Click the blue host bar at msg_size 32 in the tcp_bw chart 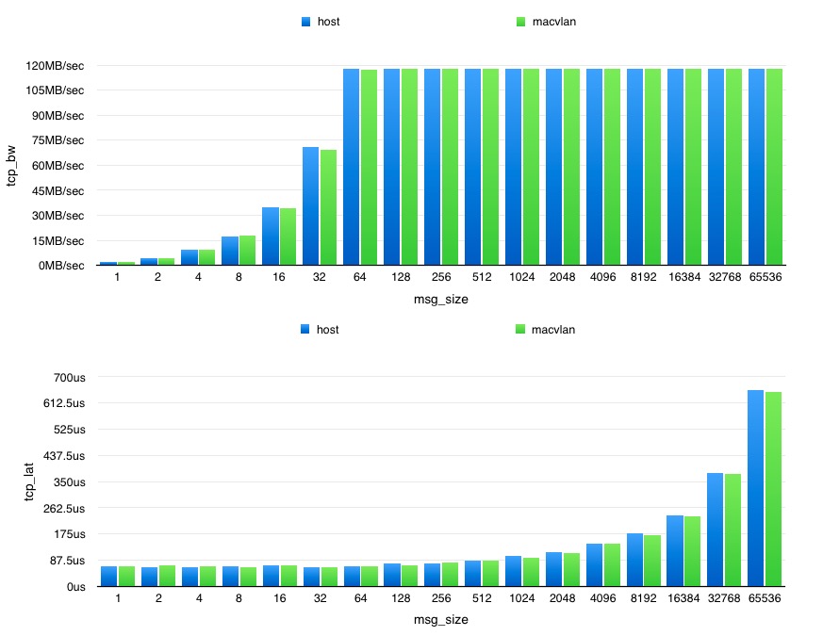point(311,206)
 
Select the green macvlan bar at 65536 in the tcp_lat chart point(774,489)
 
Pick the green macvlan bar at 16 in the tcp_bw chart point(288,236)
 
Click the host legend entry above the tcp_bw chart point(321,21)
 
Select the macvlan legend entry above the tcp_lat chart point(546,330)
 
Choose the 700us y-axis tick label point(70,378)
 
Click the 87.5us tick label point(67,561)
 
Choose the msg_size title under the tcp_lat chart point(441,620)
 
